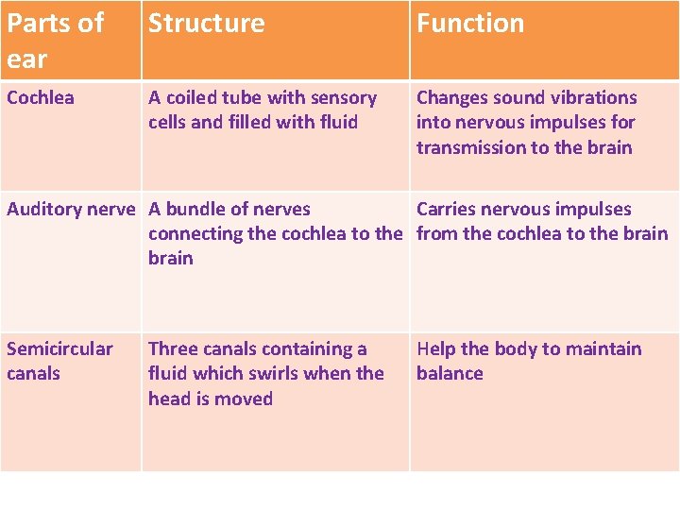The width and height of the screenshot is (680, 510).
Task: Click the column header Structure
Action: pos(206,24)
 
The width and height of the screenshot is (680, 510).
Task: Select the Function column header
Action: pos(469,24)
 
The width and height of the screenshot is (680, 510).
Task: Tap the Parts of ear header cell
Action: pos(55,40)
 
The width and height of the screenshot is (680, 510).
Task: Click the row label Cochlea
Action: pos(41,97)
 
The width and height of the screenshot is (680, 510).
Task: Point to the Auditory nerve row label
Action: pos(71,209)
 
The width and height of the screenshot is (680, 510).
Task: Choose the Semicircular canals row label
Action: pos(59,361)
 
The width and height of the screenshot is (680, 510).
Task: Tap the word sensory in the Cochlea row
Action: pos(340,97)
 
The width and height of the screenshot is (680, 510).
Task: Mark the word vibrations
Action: pos(589,97)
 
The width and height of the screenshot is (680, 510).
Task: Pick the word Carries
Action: pos(447,209)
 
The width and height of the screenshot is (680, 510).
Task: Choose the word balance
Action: pos(450,373)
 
